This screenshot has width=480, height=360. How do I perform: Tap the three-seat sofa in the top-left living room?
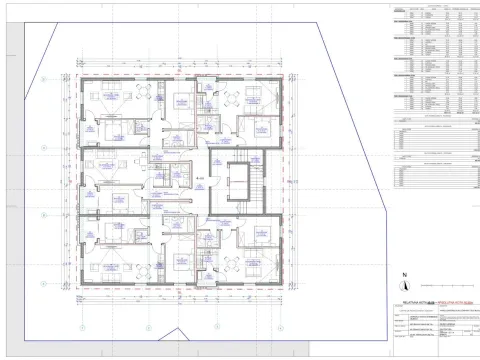point(104,94)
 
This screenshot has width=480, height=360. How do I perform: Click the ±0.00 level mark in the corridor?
point(201,177)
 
